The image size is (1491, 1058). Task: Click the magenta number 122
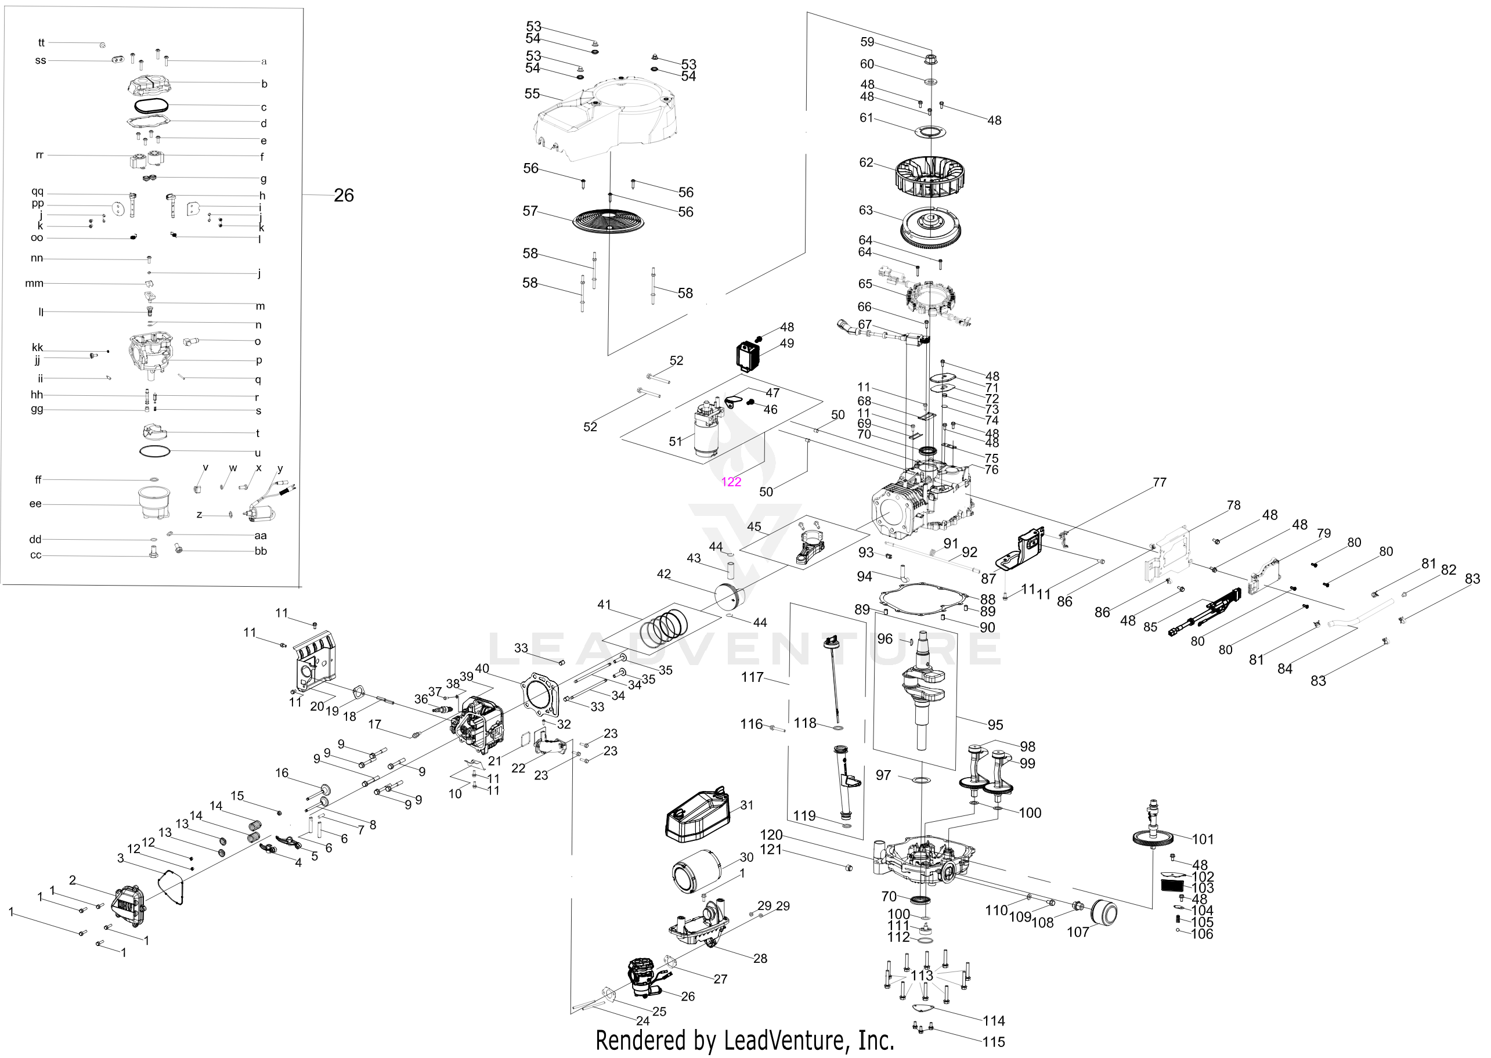(731, 482)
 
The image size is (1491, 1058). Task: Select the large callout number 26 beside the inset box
(343, 196)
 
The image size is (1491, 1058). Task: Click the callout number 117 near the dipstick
(752, 677)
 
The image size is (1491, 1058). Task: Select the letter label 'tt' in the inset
(41, 43)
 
